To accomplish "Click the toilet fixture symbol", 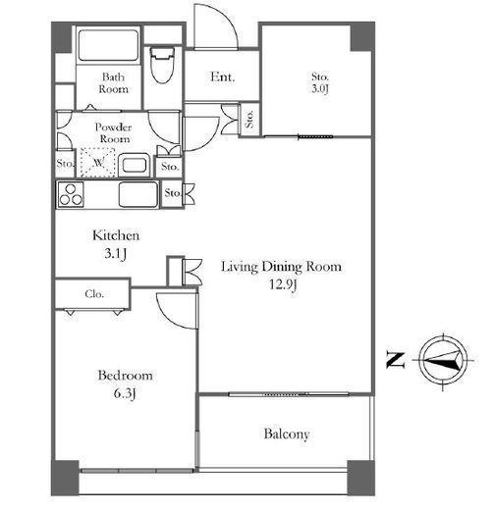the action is click(x=162, y=66).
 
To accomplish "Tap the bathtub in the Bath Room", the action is click(x=108, y=45).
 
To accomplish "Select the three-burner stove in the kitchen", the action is click(x=71, y=195).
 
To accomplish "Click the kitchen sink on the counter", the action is click(x=138, y=195).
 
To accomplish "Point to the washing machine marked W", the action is click(x=98, y=163).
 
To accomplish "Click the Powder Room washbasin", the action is click(x=134, y=165).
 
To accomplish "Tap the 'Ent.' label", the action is click(x=223, y=77).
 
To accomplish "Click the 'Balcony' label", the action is click(x=287, y=433).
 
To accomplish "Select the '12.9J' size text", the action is click(x=283, y=284).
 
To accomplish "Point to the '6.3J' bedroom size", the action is click(x=125, y=393).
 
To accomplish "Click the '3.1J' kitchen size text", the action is click(x=115, y=254).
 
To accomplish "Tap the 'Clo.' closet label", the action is click(x=94, y=294).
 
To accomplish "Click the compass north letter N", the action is click(x=396, y=360).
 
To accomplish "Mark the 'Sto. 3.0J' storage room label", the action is click(x=320, y=82).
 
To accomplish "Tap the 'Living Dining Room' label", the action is click(x=282, y=267).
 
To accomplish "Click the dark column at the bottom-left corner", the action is click(x=65, y=478).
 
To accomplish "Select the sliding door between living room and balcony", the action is click(x=289, y=394).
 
